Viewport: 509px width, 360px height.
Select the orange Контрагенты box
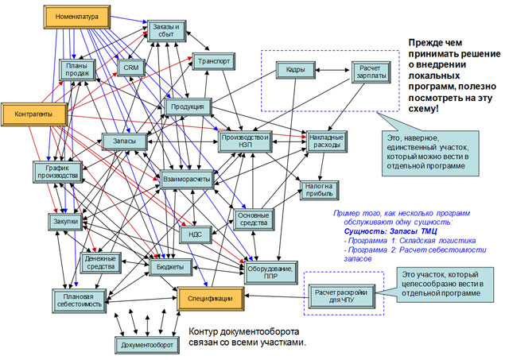tap(34, 114)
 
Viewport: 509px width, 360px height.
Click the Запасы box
tap(125, 141)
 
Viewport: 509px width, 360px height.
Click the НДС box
tap(195, 234)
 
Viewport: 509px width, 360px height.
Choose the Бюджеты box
tap(170, 266)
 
